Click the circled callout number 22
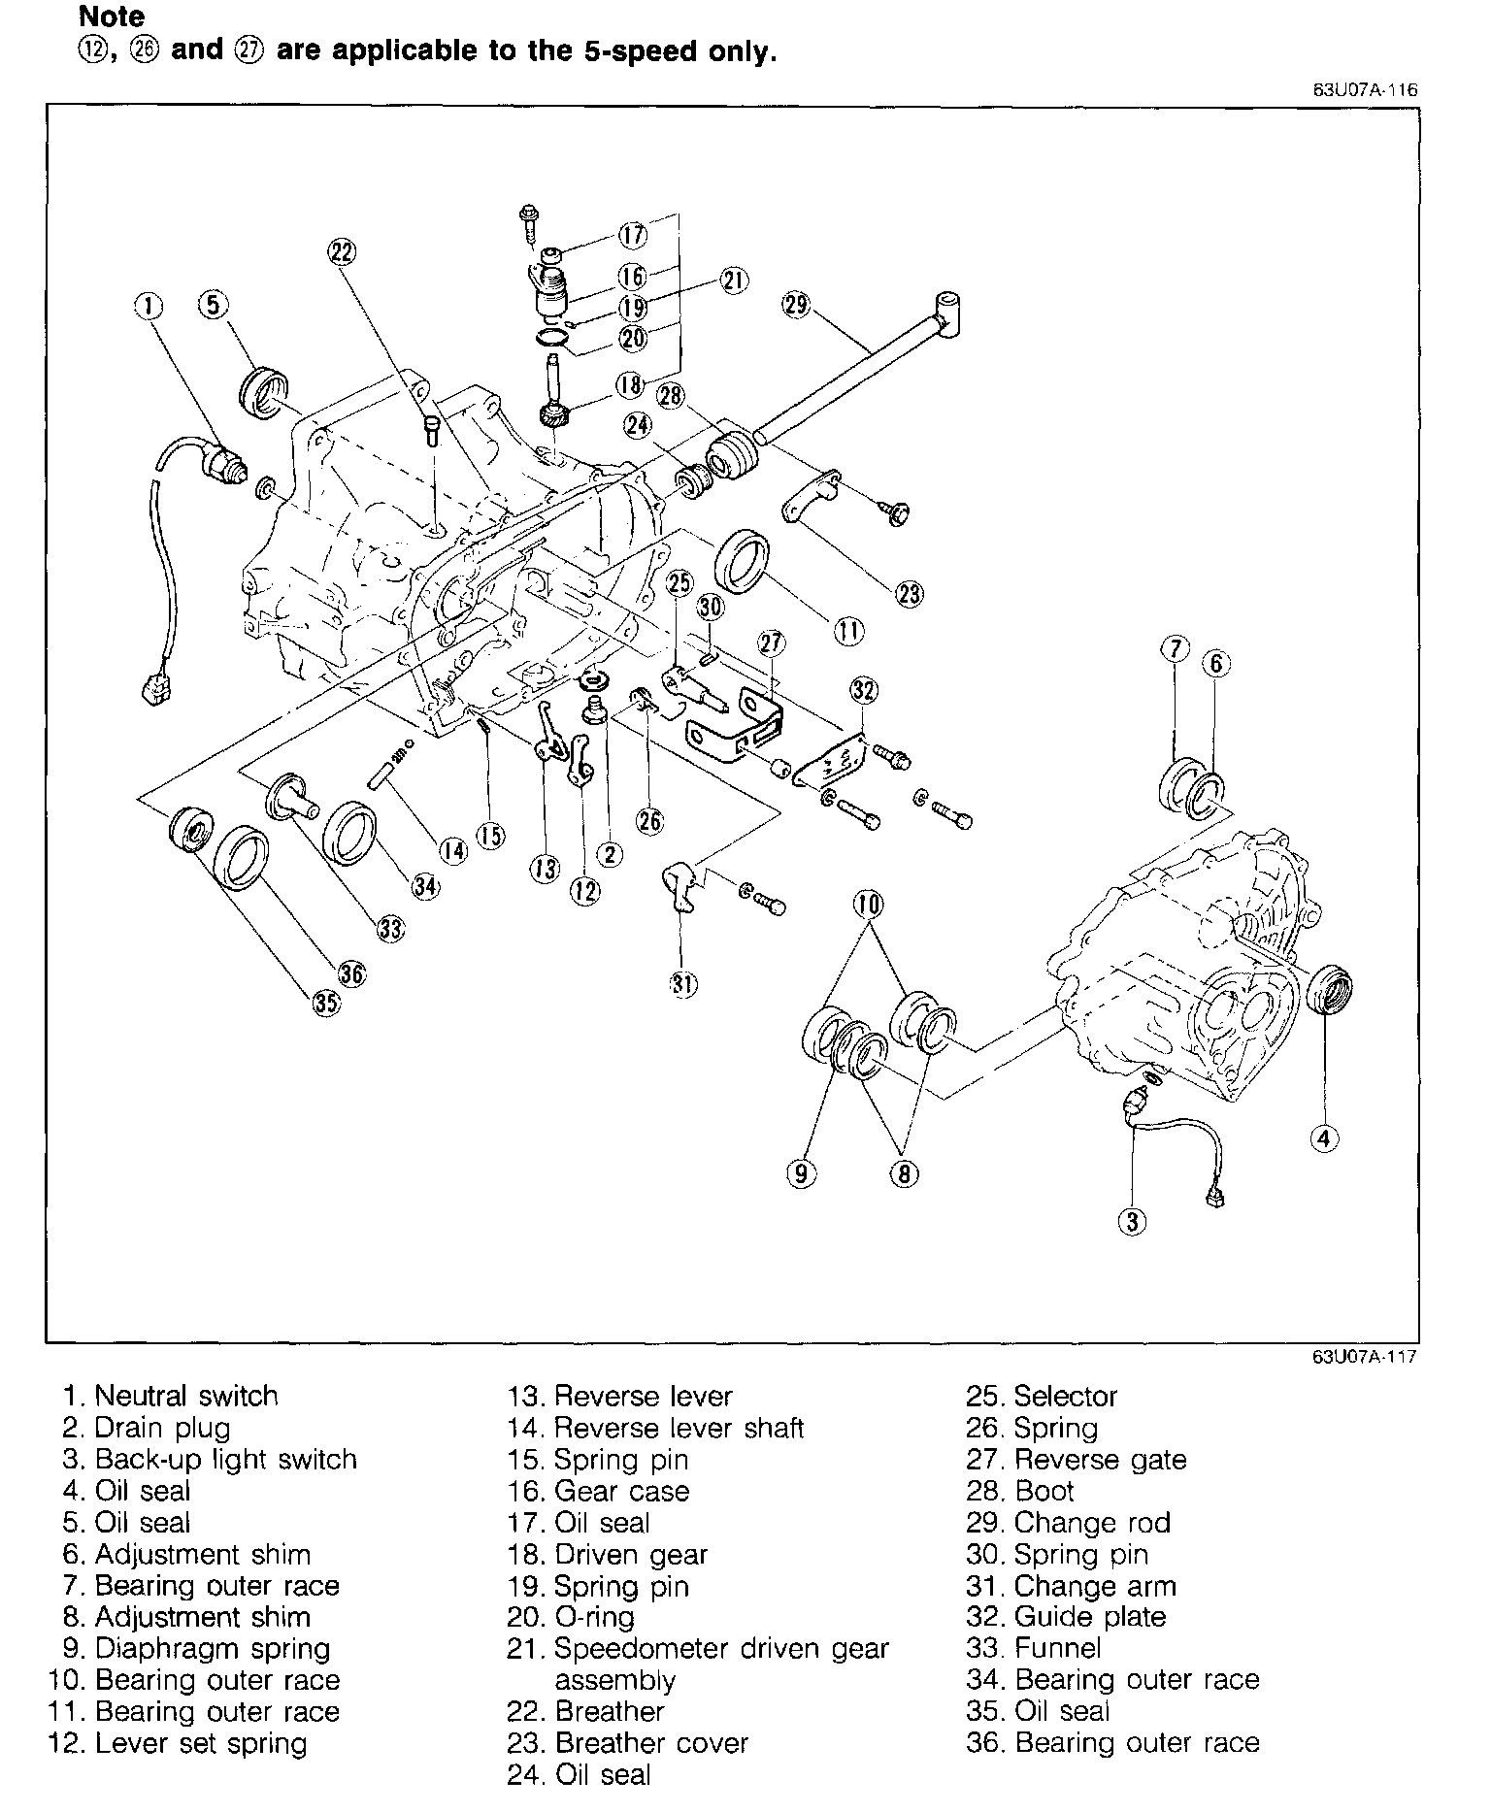[342, 252]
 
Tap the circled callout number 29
[795, 306]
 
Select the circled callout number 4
[1325, 1137]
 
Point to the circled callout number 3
[1133, 1221]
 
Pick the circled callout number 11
[848, 632]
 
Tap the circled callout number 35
[326, 1004]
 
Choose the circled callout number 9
[800, 1174]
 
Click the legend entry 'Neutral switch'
[171, 1397]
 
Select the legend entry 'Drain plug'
[147, 1429]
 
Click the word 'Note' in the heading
[112, 16]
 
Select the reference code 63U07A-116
[1365, 90]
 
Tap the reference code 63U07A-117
[1365, 1357]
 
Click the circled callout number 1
[149, 307]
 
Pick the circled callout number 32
[863, 690]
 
